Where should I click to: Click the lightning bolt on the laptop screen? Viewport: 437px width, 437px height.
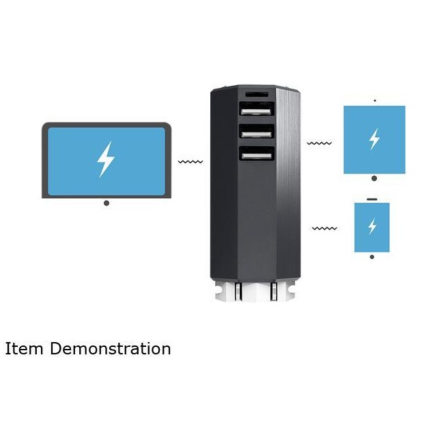click(105, 159)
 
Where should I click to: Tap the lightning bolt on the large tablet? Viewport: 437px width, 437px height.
click(373, 139)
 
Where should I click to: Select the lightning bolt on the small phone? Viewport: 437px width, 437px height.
click(372, 226)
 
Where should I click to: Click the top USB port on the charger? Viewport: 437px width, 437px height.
click(256, 109)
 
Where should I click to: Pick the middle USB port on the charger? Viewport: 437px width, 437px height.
click(256, 131)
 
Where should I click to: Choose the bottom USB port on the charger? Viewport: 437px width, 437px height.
click(256, 154)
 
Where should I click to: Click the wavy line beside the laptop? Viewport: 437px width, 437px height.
click(191, 163)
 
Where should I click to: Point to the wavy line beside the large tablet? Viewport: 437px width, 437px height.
click(320, 144)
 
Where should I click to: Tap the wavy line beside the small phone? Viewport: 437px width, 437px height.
click(325, 228)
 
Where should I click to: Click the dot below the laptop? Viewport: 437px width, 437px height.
click(106, 203)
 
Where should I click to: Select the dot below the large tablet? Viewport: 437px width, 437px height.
click(374, 179)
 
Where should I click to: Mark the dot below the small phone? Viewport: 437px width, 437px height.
click(372, 257)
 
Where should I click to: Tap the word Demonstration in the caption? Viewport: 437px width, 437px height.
click(110, 349)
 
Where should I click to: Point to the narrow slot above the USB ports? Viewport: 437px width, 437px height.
click(256, 93)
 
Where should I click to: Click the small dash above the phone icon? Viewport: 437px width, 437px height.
click(372, 199)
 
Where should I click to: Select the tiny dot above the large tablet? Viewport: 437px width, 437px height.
click(374, 101)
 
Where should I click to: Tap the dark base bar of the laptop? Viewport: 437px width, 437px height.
click(106, 196)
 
